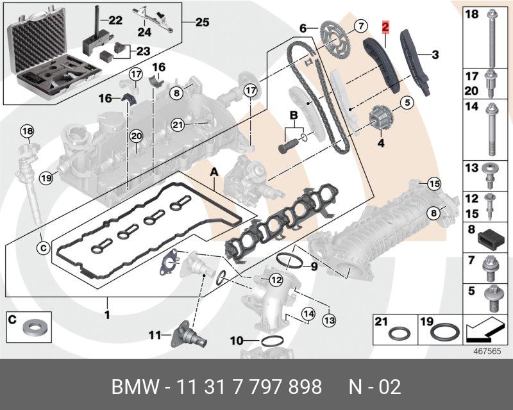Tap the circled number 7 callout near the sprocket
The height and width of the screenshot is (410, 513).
pyautogui.click(x=360, y=26)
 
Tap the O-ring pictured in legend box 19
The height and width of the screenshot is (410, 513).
pyautogui.click(x=444, y=332)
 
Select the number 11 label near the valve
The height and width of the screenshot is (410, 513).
pyautogui.click(x=154, y=334)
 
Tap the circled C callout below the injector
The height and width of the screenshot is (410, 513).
pyautogui.click(x=43, y=246)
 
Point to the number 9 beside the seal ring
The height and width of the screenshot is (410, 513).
pyautogui.click(x=314, y=266)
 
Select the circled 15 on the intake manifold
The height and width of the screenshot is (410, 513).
pyautogui.click(x=434, y=184)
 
